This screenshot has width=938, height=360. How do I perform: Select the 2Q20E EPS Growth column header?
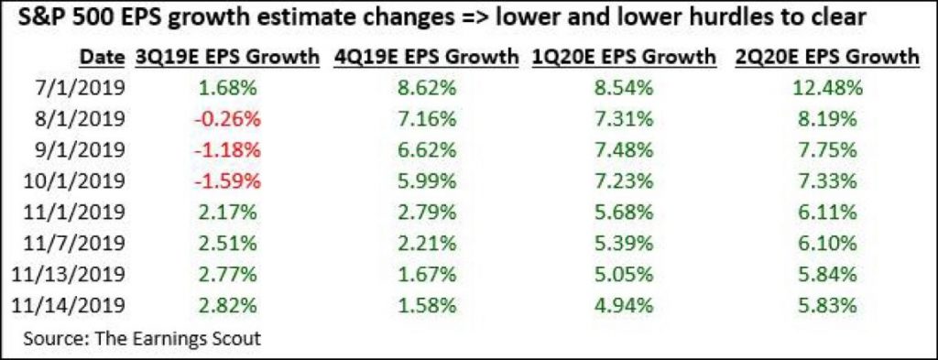coord(827,57)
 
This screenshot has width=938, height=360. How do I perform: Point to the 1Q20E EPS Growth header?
coord(625,57)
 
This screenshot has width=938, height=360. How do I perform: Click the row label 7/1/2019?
coord(79,89)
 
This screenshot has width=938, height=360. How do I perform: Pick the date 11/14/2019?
coord(67,306)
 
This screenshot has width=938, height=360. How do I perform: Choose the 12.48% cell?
coord(828,89)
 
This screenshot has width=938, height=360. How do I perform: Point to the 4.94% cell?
coord(625,306)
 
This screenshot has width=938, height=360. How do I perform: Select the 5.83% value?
coord(827,306)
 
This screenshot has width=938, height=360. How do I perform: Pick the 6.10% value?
coord(827,244)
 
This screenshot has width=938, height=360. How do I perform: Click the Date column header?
coord(102,57)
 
